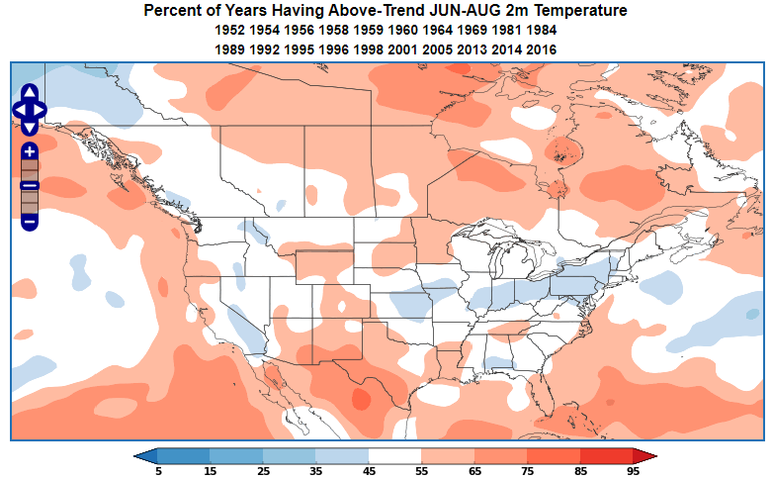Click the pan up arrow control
click(30, 91)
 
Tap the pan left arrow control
click(18, 109)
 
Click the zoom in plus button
click(30, 151)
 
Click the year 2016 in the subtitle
click(542, 48)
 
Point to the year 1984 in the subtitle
click(542, 30)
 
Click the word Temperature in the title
click(582, 11)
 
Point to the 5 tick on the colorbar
click(158, 470)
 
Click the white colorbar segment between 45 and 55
click(393, 455)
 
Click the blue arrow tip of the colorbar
click(145, 455)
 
